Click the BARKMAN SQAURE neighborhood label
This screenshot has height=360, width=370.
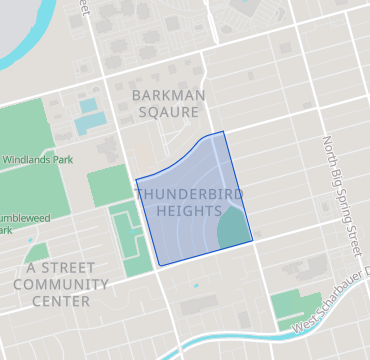(x=165, y=103)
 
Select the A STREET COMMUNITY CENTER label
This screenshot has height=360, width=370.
(x=61, y=284)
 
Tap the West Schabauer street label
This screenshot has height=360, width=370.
(x=330, y=304)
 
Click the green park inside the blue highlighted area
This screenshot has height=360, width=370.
(x=233, y=228)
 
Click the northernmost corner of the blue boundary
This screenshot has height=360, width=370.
(x=223, y=131)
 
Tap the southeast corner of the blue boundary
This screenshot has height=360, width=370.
(x=251, y=240)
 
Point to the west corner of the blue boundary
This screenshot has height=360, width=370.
(x=135, y=180)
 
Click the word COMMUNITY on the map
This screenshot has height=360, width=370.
(x=61, y=284)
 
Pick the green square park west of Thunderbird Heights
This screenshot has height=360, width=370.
(x=109, y=186)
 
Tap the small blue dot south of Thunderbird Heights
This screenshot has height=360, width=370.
(x=196, y=286)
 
